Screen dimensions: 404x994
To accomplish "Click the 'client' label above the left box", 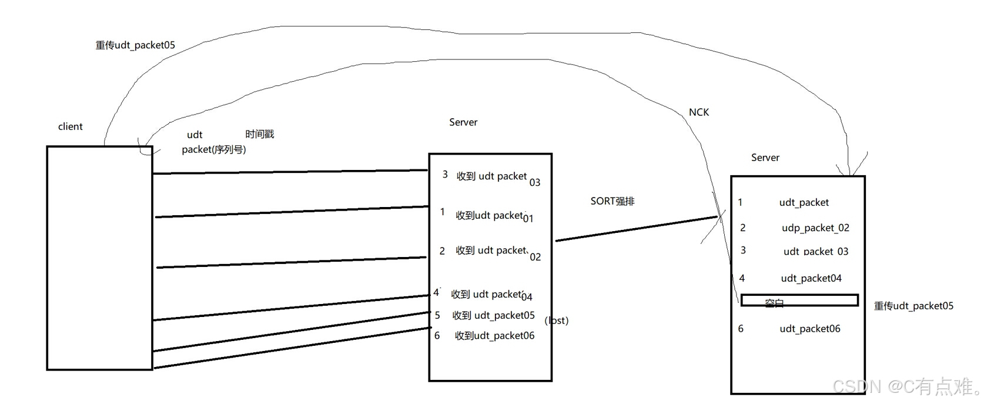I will tap(70, 126).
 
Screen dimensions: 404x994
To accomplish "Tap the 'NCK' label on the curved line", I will tap(698, 112).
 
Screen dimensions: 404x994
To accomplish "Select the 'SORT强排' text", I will tap(612, 201).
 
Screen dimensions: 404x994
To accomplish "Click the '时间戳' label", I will tap(259, 134).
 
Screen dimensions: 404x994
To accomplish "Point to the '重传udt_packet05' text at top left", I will tap(135, 45).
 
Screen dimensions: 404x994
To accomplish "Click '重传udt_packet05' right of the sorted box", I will tap(913, 306).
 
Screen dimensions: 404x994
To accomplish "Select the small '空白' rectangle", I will tap(799, 301).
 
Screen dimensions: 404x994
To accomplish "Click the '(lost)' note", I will tap(557, 320).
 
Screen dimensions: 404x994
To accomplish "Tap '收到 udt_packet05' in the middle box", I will tap(493, 316).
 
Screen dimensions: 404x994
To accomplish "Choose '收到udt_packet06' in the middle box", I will tap(494, 336).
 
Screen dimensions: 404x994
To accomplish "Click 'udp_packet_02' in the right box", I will tap(815, 228).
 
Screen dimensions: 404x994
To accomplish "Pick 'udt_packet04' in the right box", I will tap(811, 278).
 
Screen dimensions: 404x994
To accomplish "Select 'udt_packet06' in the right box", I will tap(809, 329).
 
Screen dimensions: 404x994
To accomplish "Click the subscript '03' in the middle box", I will tap(534, 183).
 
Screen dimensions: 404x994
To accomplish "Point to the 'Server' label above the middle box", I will tap(463, 122).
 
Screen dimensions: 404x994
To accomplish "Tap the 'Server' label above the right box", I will tap(765, 158).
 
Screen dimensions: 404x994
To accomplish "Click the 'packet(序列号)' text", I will tap(213, 150).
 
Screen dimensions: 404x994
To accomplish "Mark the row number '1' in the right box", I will tap(740, 202).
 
